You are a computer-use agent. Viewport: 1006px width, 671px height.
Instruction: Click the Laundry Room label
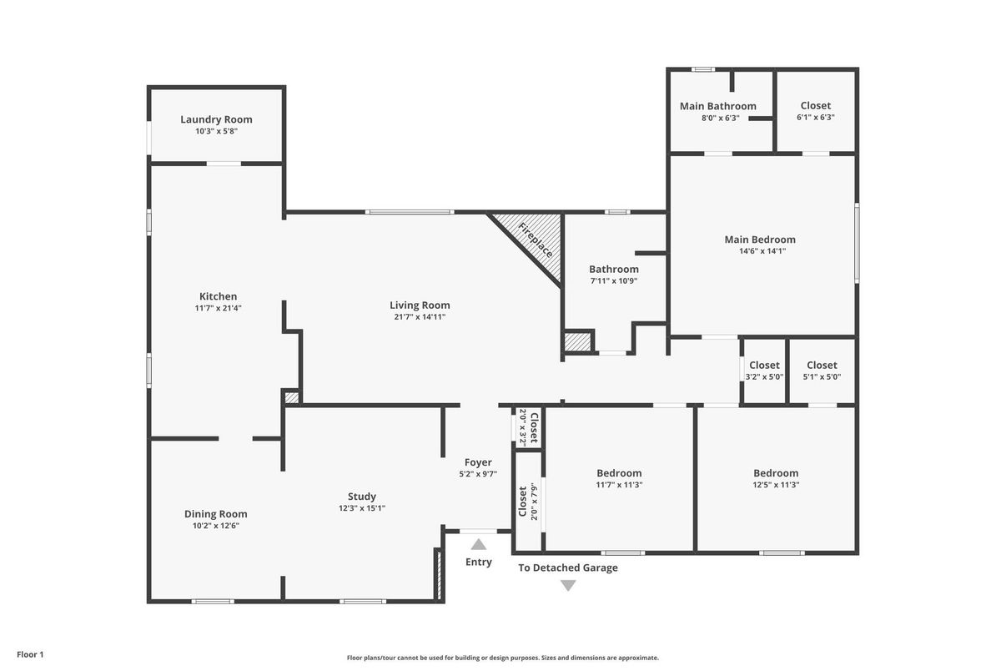[216, 119]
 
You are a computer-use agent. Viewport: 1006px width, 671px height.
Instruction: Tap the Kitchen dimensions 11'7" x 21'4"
[218, 308]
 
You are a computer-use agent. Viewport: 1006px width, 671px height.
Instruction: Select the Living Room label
[420, 305]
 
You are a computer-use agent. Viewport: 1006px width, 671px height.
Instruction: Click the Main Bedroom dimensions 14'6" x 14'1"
[762, 251]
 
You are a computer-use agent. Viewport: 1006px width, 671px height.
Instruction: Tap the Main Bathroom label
[717, 106]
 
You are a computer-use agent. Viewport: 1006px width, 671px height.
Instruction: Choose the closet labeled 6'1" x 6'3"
[816, 111]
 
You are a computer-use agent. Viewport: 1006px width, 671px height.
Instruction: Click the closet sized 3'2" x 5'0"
[764, 371]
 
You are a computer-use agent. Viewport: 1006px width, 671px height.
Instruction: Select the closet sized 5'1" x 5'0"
[822, 371]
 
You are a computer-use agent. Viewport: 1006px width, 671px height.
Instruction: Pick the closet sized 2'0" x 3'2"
[528, 427]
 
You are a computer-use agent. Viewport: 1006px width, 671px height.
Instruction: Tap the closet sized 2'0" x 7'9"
[528, 501]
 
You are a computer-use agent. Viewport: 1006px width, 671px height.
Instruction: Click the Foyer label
[478, 462]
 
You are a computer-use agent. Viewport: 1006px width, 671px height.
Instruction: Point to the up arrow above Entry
[478, 544]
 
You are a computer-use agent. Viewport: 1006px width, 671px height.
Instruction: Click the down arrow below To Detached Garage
[568, 585]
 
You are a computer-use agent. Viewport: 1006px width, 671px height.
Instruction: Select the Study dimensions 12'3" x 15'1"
[361, 508]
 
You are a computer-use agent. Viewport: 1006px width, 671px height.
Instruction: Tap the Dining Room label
[215, 514]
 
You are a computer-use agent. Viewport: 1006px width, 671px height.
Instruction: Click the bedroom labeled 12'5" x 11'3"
[776, 479]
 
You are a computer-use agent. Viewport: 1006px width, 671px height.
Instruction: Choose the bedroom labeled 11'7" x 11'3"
[619, 479]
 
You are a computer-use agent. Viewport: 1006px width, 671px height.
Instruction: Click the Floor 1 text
[30, 654]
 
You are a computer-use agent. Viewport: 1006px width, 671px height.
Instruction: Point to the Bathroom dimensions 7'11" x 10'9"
[613, 281]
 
